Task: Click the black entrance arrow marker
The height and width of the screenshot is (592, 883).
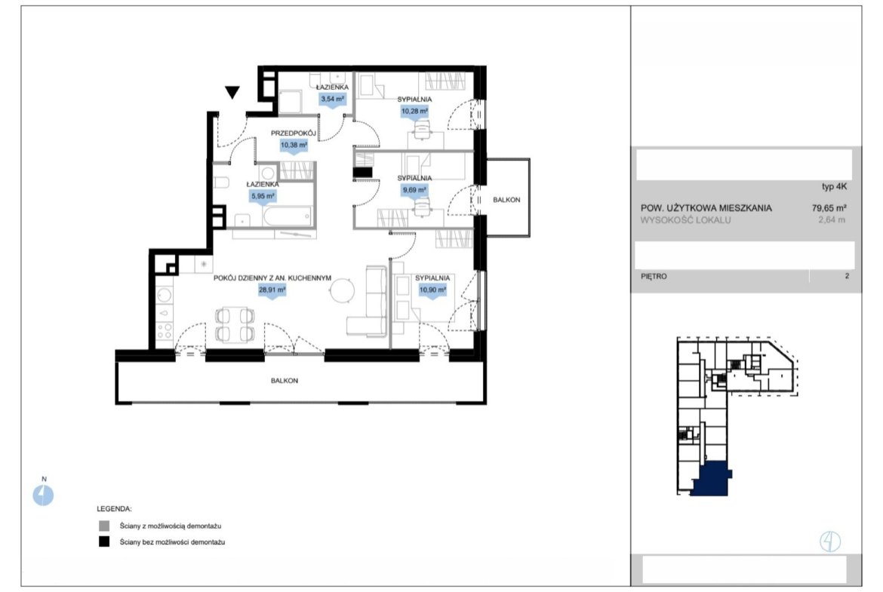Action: pos(232,92)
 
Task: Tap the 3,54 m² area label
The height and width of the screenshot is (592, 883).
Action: pos(332,99)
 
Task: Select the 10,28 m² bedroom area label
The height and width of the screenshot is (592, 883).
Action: pos(414,112)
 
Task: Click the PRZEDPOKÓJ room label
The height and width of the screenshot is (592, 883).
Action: pos(293,133)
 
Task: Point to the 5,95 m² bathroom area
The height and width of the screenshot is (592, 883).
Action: pos(263,196)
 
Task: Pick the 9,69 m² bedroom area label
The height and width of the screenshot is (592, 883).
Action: pos(414,190)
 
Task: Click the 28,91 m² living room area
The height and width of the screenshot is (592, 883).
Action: pos(272,290)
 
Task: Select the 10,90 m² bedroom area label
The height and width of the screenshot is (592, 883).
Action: pos(432,290)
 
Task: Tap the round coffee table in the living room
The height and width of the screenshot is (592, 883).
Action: pos(343,291)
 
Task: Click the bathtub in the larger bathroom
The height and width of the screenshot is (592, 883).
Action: pos(288,216)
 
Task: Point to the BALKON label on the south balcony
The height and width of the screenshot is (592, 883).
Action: pos(285,381)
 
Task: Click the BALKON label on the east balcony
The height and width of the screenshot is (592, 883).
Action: pos(506,200)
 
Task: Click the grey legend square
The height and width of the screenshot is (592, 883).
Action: pos(104,526)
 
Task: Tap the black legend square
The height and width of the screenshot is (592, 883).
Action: pos(104,542)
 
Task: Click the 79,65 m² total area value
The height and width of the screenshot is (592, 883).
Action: pos(829,207)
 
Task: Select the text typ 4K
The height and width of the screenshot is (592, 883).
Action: pos(834,187)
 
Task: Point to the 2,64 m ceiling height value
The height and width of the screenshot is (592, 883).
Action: pos(832,220)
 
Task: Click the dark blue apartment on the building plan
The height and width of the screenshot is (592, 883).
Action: pos(711,479)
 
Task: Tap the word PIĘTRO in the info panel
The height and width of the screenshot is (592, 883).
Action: pos(654,276)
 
